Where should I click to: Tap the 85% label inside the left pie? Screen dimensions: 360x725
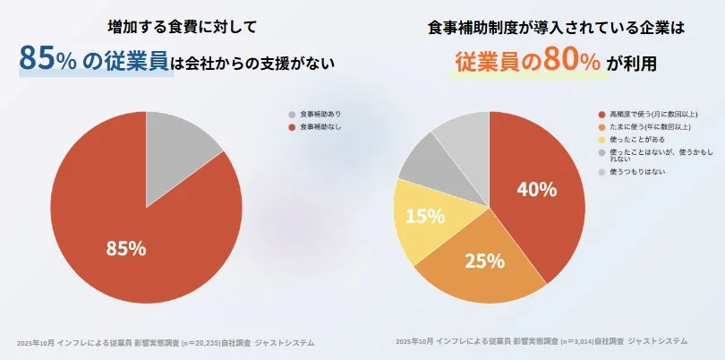point(126,248)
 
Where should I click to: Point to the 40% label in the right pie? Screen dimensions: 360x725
point(537,190)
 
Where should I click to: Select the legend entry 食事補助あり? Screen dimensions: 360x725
point(320,115)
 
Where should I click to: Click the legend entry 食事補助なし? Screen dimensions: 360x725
point(320,128)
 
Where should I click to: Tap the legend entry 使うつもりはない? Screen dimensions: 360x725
point(636,170)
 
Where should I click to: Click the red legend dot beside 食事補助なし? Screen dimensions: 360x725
point(292,128)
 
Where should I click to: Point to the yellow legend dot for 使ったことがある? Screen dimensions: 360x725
point(601,140)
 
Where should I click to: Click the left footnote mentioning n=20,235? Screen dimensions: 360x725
point(166,342)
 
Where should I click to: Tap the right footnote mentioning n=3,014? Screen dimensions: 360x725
point(541,341)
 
